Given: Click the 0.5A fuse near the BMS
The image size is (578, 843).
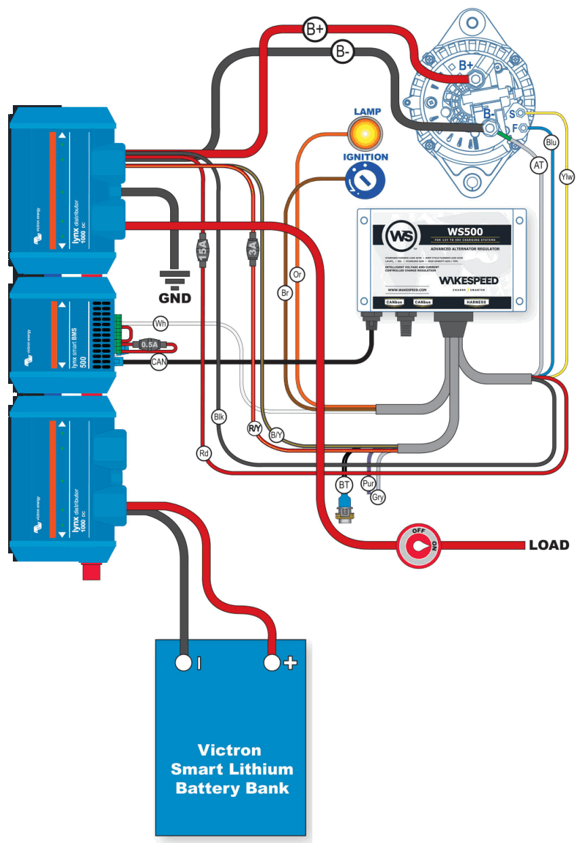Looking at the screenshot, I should point(149,345).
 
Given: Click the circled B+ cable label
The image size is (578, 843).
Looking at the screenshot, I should point(316,30).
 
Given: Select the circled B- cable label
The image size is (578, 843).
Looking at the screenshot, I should point(344,51).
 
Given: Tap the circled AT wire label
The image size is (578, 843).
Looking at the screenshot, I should point(539,165).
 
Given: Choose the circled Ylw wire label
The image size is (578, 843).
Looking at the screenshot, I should point(567,177).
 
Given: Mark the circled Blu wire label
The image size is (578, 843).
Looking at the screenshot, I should point(552,142).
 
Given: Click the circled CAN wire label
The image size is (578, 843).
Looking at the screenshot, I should point(159,364).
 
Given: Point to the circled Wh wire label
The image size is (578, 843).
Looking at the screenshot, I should point(161,324).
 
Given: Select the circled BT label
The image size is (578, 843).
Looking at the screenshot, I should point(344,484).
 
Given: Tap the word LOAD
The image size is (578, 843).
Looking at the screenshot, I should point(549,545).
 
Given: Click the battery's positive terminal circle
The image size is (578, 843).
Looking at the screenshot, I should point(272,663).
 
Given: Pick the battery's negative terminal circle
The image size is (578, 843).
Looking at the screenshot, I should point(184,663).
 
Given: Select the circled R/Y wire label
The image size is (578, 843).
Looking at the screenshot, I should point(254,428).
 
